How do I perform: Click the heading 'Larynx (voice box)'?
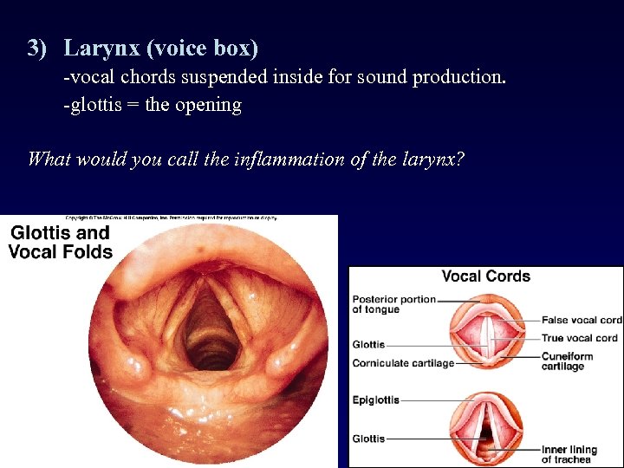(161, 48)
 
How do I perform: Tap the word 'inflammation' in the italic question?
(287, 159)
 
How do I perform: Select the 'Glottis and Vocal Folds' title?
(60, 243)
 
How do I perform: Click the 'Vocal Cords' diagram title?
(485, 276)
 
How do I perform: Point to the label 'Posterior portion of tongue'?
(393, 304)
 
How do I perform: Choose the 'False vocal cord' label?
(582, 320)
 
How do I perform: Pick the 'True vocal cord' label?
(580, 338)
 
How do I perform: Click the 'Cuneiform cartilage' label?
(568, 361)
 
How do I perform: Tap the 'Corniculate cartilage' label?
(403, 363)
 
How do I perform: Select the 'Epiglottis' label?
(376, 400)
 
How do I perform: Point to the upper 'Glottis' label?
(368, 344)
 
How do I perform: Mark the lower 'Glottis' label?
(368, 439)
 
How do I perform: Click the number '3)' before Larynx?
(36, 48)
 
